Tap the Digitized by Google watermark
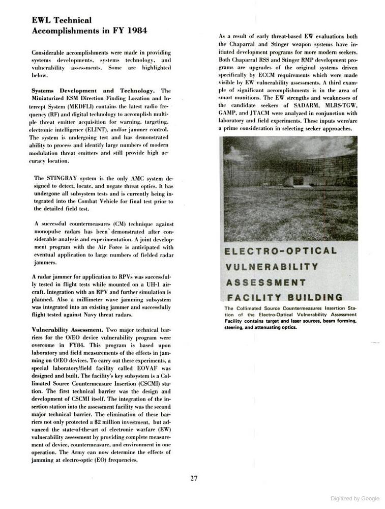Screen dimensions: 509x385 (x=354, y=498)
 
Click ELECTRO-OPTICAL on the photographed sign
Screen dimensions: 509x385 (x=280, y=251)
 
